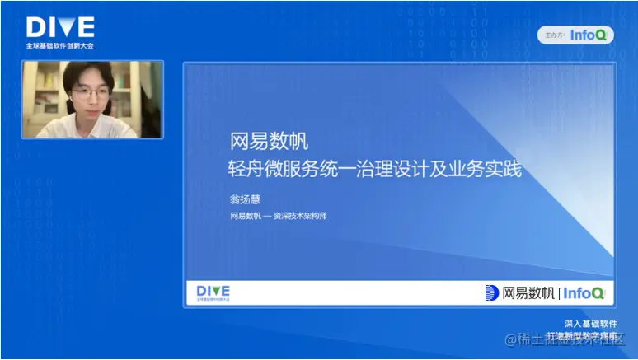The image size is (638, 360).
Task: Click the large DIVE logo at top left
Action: (x=60, y=28)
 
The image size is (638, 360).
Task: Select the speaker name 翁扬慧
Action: (x=245, y=198)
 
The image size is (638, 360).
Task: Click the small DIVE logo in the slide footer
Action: (x=213, y=292)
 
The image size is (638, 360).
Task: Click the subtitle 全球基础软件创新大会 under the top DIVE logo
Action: (x=59, y=46)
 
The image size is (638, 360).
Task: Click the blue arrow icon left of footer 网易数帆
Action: (x=492, y=292)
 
